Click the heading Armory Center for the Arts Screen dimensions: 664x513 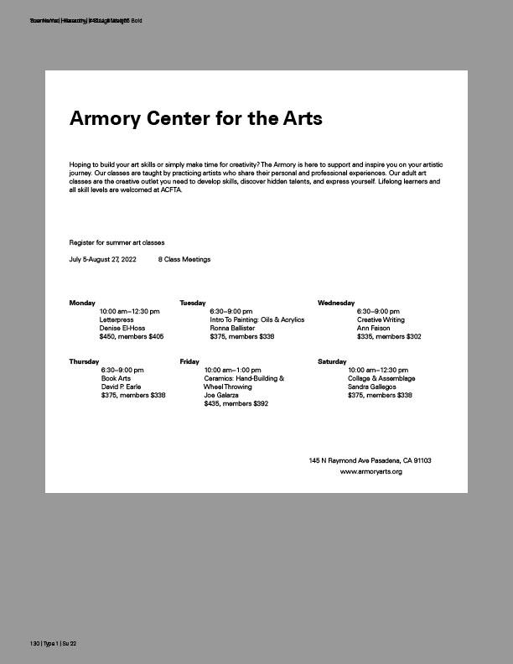click(195, 118)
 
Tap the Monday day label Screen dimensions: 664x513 click(82, 303)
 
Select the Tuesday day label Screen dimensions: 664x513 click(193, 303)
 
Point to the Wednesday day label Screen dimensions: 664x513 click(336, 303)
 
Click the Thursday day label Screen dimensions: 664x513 click(84, 361)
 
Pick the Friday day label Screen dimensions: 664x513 click(189, 361)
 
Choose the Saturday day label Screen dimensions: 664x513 click(332, 361)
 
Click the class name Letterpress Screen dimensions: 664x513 click(117, 319)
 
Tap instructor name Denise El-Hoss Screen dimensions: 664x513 click(122, 328)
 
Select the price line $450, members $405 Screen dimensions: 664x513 click(132, 336)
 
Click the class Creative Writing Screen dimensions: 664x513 click(381, 319)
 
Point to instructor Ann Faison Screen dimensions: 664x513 click(374, 328)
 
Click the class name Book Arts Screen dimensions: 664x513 click(116, 378)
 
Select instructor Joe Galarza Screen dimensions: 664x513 click(221, 395)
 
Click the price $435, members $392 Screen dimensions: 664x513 click(236, 403)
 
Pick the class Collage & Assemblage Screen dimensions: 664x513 click(381, 378)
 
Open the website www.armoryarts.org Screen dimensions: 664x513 click(370, 472)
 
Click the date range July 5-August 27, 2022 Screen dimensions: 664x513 click(102, 259)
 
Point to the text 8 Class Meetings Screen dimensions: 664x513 click(184, 259)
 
